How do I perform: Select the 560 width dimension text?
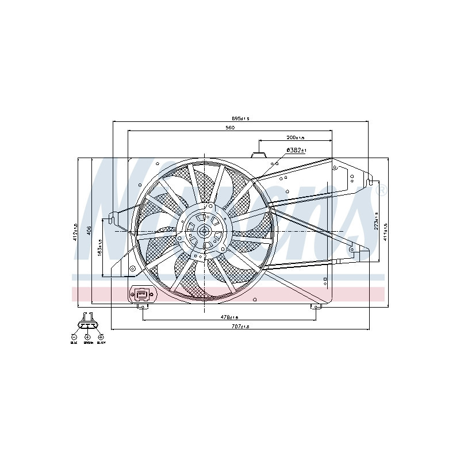point(230,128)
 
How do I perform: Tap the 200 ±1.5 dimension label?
point(296,137)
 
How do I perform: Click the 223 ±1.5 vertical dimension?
point(376,223)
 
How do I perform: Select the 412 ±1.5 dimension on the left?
point(76,232)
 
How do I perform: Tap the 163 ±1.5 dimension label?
point(100,248)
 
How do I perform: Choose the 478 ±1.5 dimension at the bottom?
point(231,317)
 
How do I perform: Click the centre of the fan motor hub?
point(204,231)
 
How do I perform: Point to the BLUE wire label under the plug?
point(74,343)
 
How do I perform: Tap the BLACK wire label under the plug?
point(101,343)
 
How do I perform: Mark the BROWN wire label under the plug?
point(88,343)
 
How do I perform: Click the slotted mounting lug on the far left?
point(113,216)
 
